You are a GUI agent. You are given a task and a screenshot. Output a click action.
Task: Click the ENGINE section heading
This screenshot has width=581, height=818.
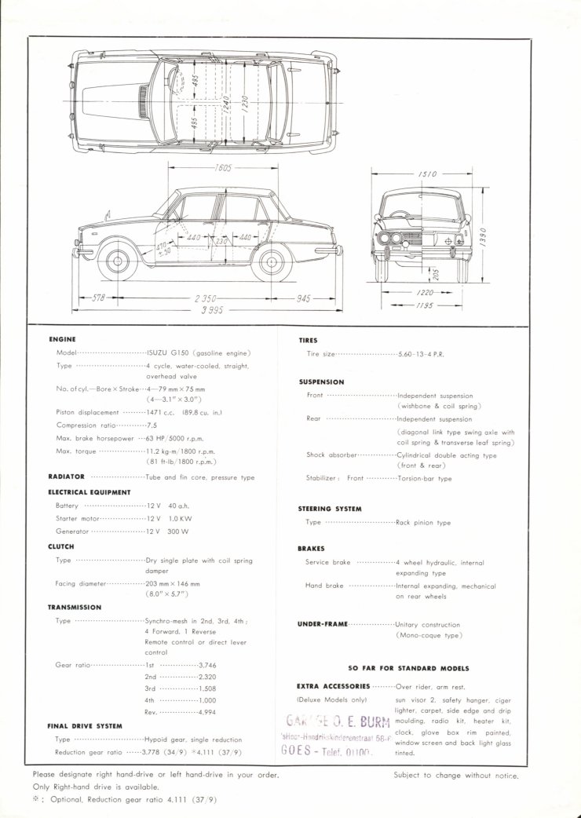[x=62, y=339]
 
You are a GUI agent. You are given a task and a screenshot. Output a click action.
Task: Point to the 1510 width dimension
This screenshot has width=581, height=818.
[x=427, y=173]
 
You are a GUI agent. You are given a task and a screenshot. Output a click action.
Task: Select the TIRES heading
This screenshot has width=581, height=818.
[x=308, y=341]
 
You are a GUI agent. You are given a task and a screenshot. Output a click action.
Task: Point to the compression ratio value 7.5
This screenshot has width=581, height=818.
[x=152, y=425]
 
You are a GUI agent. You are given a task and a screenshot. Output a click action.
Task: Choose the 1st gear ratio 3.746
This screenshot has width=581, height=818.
[x=207, y=664]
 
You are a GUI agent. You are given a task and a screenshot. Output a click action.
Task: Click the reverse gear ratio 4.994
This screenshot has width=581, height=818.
[x=207, y=712]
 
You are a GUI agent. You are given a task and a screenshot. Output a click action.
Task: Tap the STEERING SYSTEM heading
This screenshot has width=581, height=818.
[x=330, y=509]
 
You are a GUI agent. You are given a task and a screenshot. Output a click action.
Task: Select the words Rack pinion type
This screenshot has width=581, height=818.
[x=423, y=522]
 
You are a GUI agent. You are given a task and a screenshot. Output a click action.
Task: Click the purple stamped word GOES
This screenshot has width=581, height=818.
[x=295, y=750]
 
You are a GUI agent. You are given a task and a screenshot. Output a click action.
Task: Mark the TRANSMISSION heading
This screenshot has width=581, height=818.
[x=75, y=607]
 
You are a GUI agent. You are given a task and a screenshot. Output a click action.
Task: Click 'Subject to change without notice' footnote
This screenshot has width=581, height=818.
[x=456, y=776]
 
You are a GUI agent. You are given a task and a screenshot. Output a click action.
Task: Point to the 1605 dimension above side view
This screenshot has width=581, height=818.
[x=226, y=168]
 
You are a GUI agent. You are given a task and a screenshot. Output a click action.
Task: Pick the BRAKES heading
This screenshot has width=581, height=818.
[x=312, y=549]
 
